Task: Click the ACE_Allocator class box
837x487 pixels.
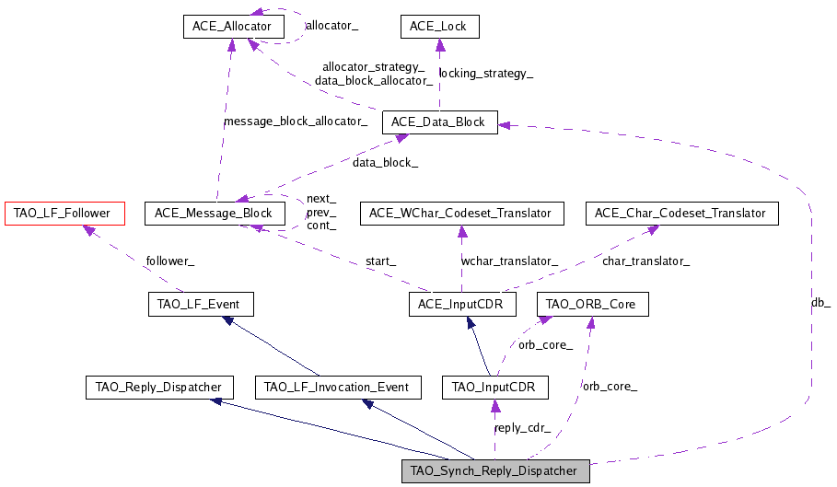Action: [x=232, y=27]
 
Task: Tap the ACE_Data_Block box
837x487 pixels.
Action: [x=439, y=122]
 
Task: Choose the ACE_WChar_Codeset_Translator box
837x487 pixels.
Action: [x=460, y=214]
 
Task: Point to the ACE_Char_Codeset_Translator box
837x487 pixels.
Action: [x=680, y=214]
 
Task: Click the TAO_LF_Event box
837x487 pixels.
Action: [x=200, y=304]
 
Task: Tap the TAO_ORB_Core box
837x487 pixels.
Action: [x=591, y=304]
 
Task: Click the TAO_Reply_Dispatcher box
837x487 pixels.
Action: [x=158, y=388]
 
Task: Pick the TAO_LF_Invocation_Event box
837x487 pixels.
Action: [x=337, y=388]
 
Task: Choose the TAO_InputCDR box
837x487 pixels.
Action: [x=495, y=388]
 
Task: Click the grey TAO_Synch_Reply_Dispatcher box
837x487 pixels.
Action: [x=494, y=471]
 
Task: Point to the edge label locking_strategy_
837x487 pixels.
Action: [x=486, y=74]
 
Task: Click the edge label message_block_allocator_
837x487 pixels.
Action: [x=296, y=122]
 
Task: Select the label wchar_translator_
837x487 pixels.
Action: [x=509, y=261]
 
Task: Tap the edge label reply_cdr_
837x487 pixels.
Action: [x=522, y=428]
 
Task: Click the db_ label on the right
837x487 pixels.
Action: [x=820, y=302]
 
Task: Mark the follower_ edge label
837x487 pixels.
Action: [x=169, y=261]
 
